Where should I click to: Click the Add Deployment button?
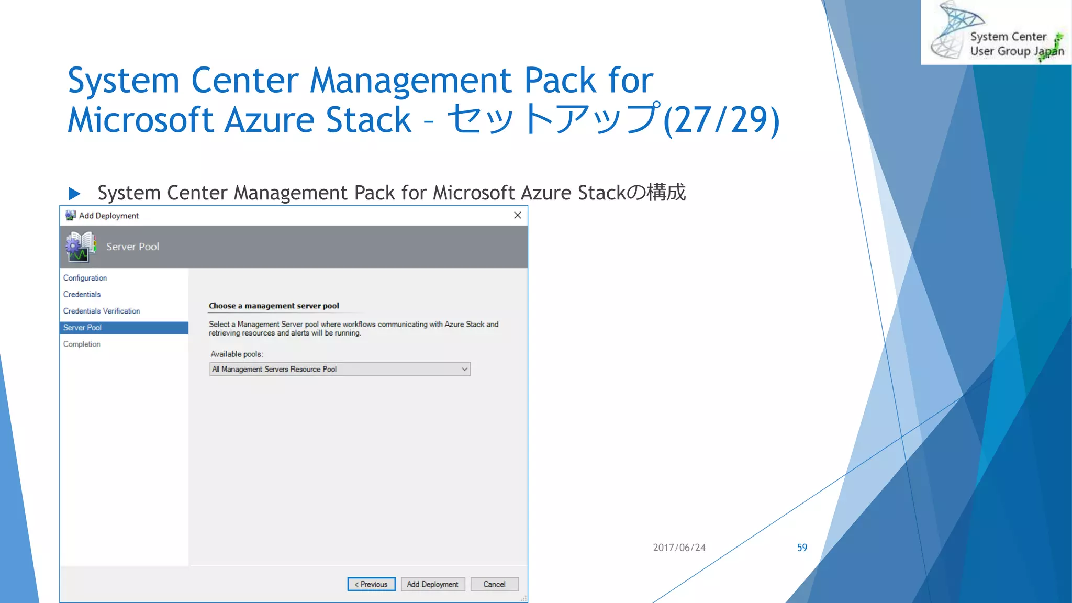point(432,584)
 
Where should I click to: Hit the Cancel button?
point(494,584)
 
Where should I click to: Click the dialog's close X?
point(518,215)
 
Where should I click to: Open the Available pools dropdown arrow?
point(464,369)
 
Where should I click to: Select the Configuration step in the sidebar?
point(85,278)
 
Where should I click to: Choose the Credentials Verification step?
point(102,311)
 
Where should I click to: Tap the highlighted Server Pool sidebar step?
point(83,328)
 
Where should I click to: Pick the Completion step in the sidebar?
point(82,344)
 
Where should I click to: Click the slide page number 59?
point(802,548)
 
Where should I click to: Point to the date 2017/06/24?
point(679,548)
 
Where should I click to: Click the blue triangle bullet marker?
point(74,194)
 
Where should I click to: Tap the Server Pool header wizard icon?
point(81,247)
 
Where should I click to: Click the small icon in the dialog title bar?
point(70,215)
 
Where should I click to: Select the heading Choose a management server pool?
point(274,306)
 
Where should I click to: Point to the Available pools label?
point(237,354)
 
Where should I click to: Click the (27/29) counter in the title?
point(721,120)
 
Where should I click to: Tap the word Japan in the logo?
point(1048,51)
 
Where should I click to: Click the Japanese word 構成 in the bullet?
point(666,193)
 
